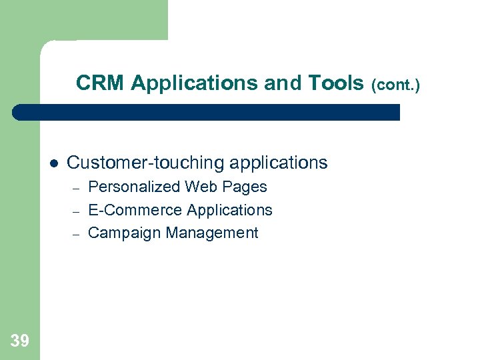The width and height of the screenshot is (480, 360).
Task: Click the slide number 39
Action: pos(20,341)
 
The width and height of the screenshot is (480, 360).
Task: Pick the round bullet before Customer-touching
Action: pos(54,163)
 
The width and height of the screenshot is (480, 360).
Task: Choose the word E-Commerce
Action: pos(135,210)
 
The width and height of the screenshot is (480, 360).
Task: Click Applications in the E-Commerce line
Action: pos(230,211)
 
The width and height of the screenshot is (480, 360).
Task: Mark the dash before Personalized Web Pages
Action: pos(76,188)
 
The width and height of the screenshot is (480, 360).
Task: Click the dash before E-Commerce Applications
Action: pos(76,211)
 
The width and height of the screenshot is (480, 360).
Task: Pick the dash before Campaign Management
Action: pos(76,234)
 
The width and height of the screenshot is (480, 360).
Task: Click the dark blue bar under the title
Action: pos(207,112)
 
